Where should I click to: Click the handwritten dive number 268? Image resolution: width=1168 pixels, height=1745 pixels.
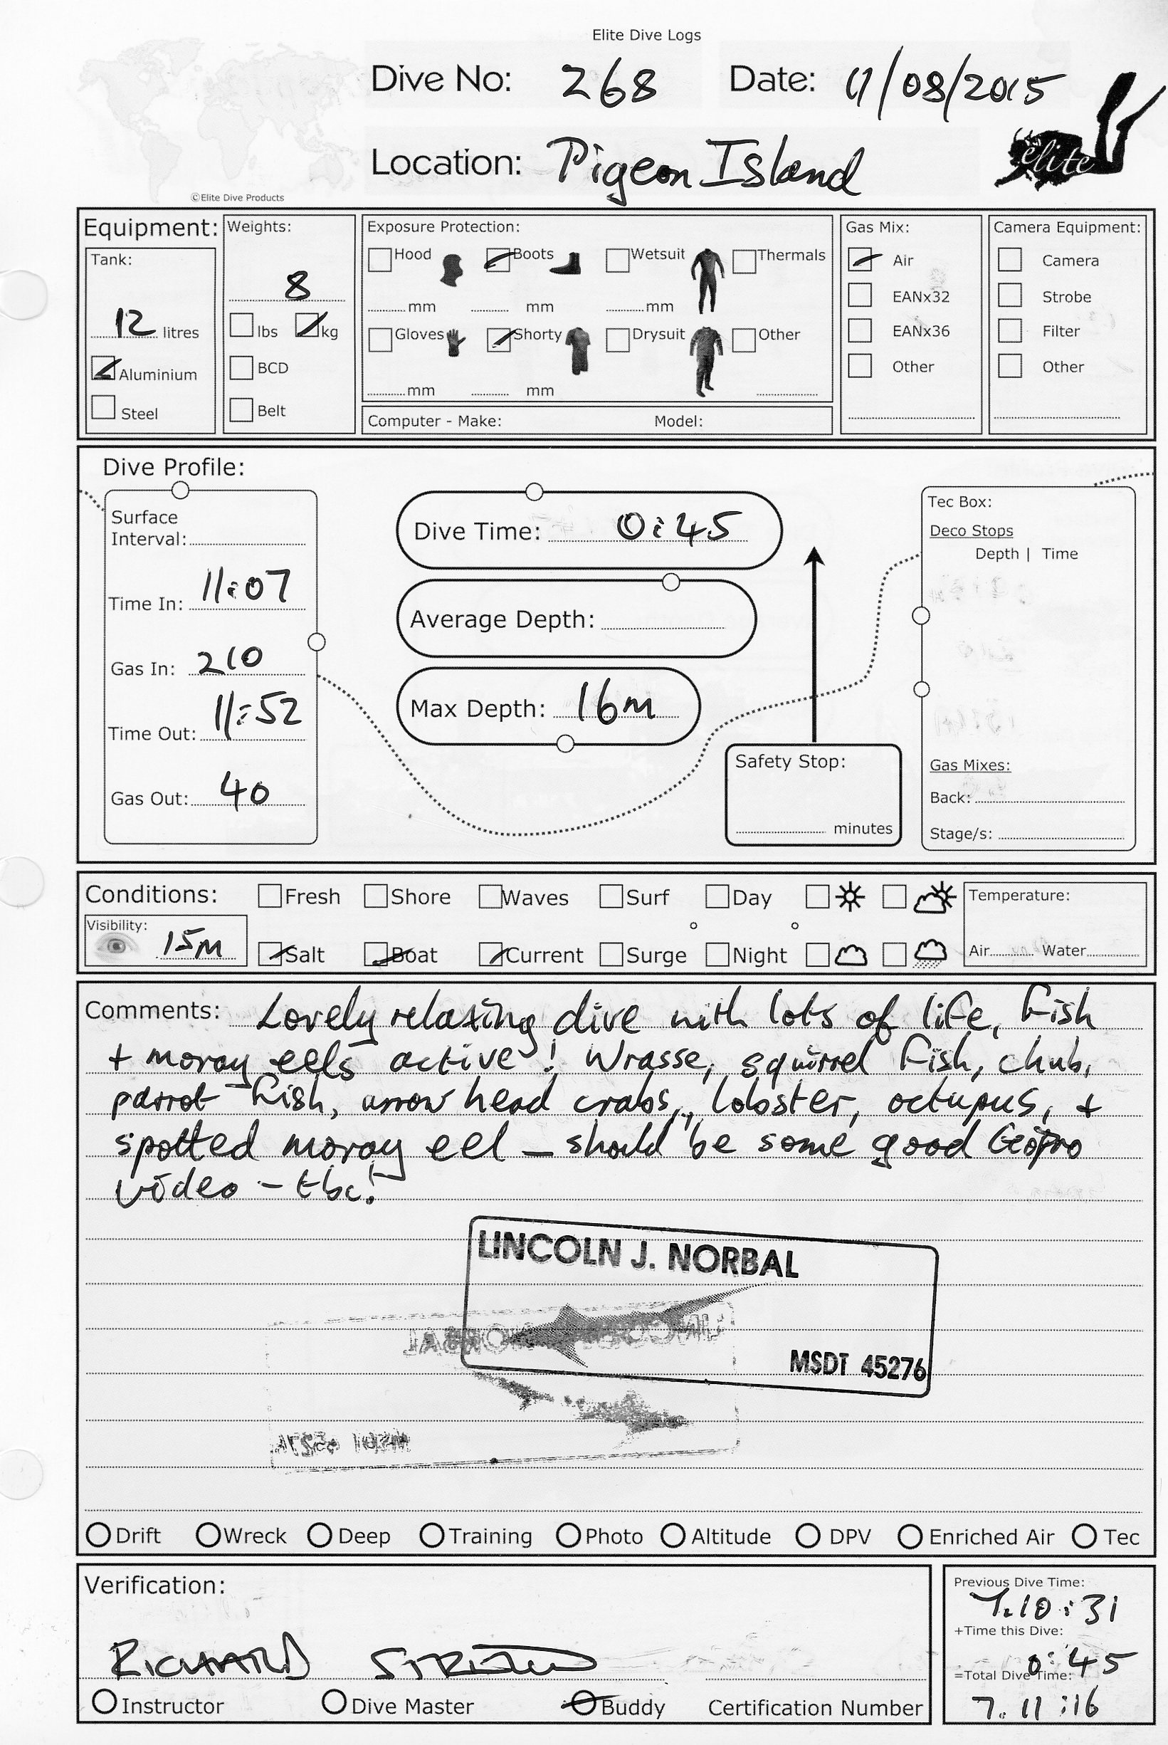pos(609,83)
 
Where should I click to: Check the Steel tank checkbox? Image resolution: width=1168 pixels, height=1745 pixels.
pos(103,407)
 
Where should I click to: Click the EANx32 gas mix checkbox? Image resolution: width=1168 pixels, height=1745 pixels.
pos(860,295)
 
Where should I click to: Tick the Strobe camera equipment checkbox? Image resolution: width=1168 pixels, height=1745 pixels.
pos(1009,295)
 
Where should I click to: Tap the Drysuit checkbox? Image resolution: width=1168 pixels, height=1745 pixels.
pos(618,339)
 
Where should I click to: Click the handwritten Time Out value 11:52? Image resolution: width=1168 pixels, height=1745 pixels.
pos(257,714)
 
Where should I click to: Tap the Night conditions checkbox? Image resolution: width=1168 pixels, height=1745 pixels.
pos(717,955)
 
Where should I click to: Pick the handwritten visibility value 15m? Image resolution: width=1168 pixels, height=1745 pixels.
pos(192,945)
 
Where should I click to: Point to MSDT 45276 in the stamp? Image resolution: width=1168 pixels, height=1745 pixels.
pos(857,1366)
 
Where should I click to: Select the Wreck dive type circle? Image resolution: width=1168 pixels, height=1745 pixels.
pos(208,1535)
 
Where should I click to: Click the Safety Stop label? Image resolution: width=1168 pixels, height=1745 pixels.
pos(789,762)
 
